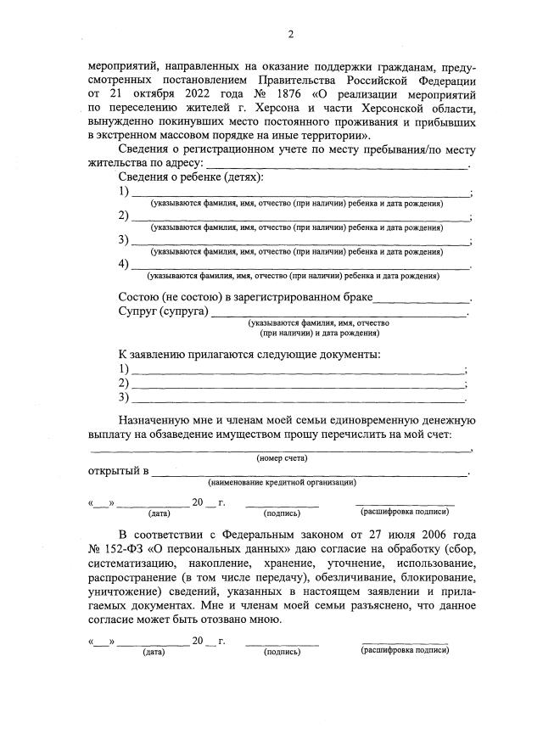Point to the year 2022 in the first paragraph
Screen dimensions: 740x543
tap(176, 94)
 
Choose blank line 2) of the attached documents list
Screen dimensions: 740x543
tap(297, 384)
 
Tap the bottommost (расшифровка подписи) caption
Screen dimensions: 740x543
tap(405, 650)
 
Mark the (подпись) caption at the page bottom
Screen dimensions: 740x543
tap(283, 652)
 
